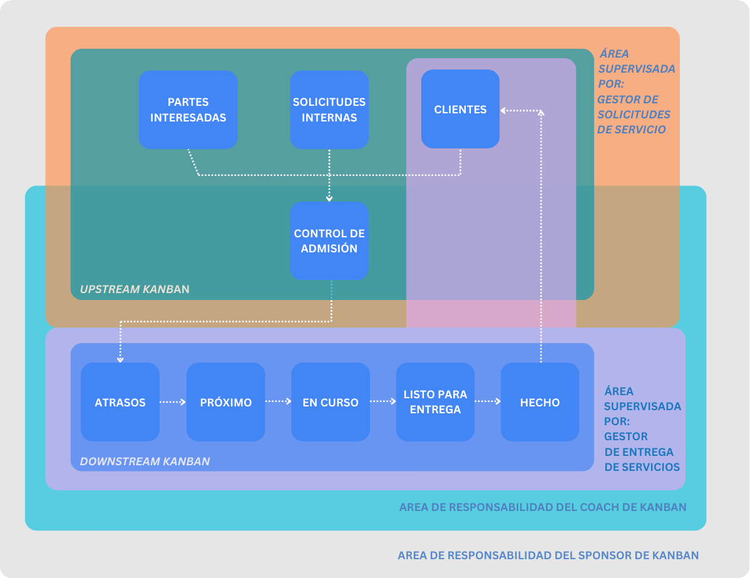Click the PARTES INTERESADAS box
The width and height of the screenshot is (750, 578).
(x=188, y=110)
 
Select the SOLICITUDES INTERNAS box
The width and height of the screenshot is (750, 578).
(x=329, y=110)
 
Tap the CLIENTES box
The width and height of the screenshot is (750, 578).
(x=460, y=109)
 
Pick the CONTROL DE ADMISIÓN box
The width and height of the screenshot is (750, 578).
(x=329, y=240)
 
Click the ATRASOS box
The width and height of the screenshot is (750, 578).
(x=120, y=402)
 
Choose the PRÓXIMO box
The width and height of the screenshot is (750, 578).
(x=226, y=402)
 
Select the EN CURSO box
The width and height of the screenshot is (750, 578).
(x=331, y=402)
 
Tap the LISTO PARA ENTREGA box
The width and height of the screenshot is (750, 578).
(x=435, y=402)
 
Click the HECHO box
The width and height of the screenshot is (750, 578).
(x=540, y=402)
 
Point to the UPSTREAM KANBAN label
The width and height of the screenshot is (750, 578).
(x=135, y=289)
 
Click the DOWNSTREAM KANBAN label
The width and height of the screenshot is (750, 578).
(x=145, y=462)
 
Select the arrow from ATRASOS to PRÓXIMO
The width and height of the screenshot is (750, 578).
(x=173, y=402)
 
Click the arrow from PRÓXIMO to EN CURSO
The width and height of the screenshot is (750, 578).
(x=279, y=402)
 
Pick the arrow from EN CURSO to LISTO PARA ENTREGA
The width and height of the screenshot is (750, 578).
(x=383, y=402)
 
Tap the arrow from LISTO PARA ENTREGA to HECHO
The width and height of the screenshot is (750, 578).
(x=488, y=402)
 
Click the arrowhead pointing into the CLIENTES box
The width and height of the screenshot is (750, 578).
(x=503, y=111)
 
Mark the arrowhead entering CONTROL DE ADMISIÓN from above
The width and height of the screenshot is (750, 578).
(x=329, y=198)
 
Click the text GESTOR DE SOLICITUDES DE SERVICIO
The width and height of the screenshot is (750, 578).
(x=631, y=115)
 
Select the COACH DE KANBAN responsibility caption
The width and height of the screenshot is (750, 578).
(x=542, y=507)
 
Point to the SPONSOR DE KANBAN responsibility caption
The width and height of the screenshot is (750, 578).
(x=548, y=555)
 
